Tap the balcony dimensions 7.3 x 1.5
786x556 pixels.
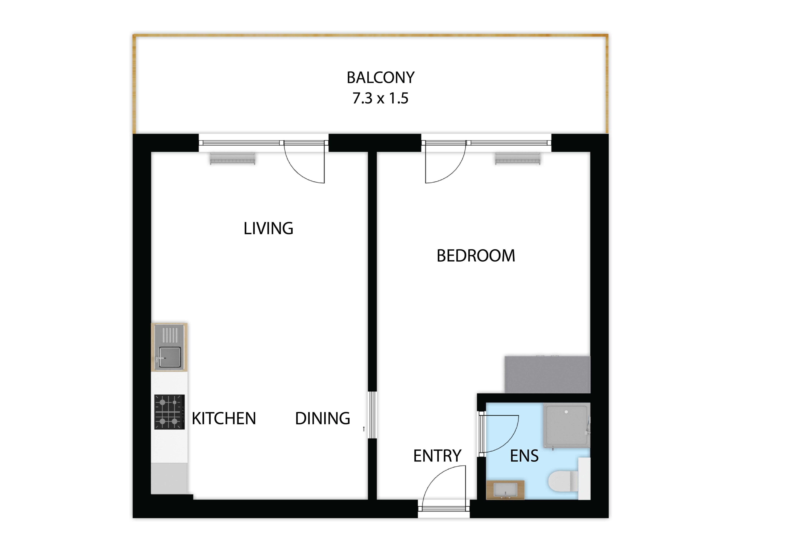pyautogui.click(x=380, y=98)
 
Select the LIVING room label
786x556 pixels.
pyautogui.click(x=268, y=228)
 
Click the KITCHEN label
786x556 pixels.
pyautogui.click(x=224, y=419)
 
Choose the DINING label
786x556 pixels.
pyautogui.click(x=322, y=419)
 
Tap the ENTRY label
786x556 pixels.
pyautogui.click(x=437, y=456)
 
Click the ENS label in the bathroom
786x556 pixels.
pyautogui.click(x=524, y=456)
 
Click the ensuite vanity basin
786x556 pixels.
pyautogui.click(x=505, y=490)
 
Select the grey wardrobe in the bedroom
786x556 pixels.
pyautogui.click(x=547, y=374)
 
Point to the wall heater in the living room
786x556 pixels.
pyautogui.click(x=233, y=159)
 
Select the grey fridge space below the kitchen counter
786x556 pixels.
pyautogui.click(x=169, y=479)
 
